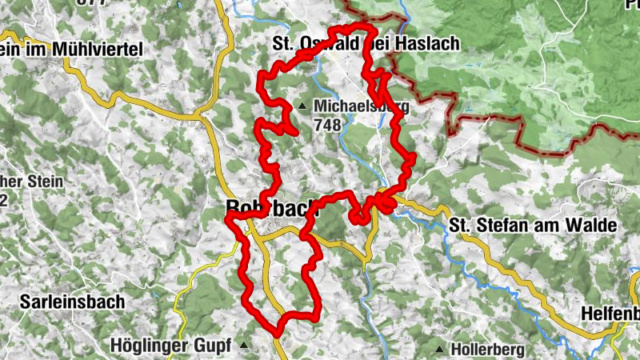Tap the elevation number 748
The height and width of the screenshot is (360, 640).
point(328,125)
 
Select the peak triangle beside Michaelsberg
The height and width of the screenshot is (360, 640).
point(302,106)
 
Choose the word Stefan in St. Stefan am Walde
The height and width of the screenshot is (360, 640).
point(495,226)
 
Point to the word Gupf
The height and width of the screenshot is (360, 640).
point(213,346)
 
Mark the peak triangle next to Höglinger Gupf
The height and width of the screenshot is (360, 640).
point(243,346)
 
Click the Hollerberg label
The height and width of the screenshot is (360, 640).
point(488,350)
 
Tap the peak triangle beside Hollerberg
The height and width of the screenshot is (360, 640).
point(440,350)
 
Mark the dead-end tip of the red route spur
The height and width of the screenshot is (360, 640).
point(297,132)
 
